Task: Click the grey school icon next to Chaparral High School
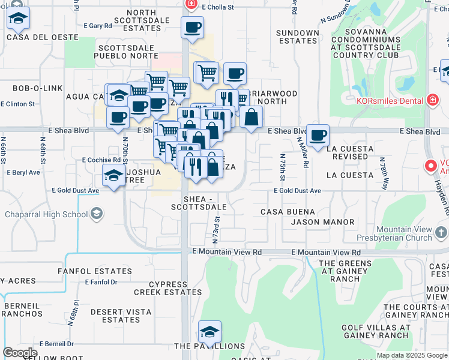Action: (96, 214)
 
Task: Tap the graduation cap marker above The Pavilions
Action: (210, 331)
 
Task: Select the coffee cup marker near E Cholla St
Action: (192, 27)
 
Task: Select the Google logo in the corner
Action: (20, 353)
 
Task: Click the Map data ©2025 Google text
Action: (412, 355)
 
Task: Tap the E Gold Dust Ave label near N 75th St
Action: (297, 190)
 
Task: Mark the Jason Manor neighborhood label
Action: (322, 222)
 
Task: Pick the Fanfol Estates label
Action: (86, 271)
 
